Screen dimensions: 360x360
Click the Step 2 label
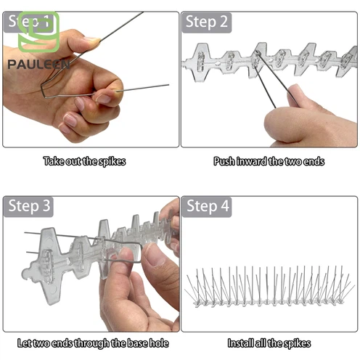pyautogui.click(x=207, y=22)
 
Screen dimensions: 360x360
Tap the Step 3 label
pyautogui.click(x=29, y=207)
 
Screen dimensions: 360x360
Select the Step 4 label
pyautogui.click(x=208, y=207)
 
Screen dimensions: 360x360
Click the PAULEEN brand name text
pyautogui.click(x=38, y=65)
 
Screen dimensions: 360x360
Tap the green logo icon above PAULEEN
pyautogui.click(x=38, y=32)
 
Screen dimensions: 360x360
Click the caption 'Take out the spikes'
pyautogui.click(x=84, y=161)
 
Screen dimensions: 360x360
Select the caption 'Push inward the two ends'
pyautogui.click(x=269, y=161)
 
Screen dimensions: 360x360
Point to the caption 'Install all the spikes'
pyautogui.click(x=269, y=343)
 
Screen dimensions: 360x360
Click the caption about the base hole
pyautogui.click(x=93, y=343)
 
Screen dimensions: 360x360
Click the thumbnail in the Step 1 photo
pyautogui.click(x=92, y=39)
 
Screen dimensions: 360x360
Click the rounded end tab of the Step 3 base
pyautogui.click(x=27, y=274)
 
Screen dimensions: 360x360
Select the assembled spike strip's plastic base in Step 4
pyautogui.click(x=269, y=303)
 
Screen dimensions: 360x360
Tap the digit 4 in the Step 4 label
pyautogui.click(x=225, y=206)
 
